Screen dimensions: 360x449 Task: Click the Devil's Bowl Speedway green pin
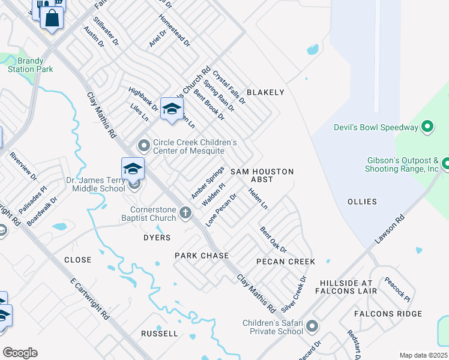click(x=427, y=127)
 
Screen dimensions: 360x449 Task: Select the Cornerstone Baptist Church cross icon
click(x=186, y=212)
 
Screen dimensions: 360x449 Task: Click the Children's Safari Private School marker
click(x=312, y=326)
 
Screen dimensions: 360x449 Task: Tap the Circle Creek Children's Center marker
click(x=143, y=145)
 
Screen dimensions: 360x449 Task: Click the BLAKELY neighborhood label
click(x=265, y=92)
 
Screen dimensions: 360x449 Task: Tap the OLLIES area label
click(x=362, y=202)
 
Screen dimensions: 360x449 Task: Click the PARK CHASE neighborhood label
click(x=202, y=256)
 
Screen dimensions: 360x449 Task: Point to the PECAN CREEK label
click(x=286, y=262)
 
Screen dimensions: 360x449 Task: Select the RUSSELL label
click(x=160, y=333)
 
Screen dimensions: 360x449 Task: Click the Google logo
click(x=20, y=353)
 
